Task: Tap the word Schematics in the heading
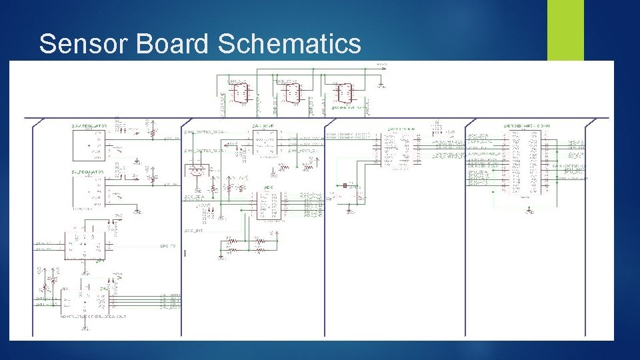(289, 44)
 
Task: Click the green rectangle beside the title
(565, 30)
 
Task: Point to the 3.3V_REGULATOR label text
(88, 125)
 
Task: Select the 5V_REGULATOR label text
(87, 171)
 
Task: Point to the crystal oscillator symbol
(345, 186)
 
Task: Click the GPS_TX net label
(168, 246)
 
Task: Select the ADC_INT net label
(193, 230)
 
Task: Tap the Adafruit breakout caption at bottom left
(93, 317)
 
